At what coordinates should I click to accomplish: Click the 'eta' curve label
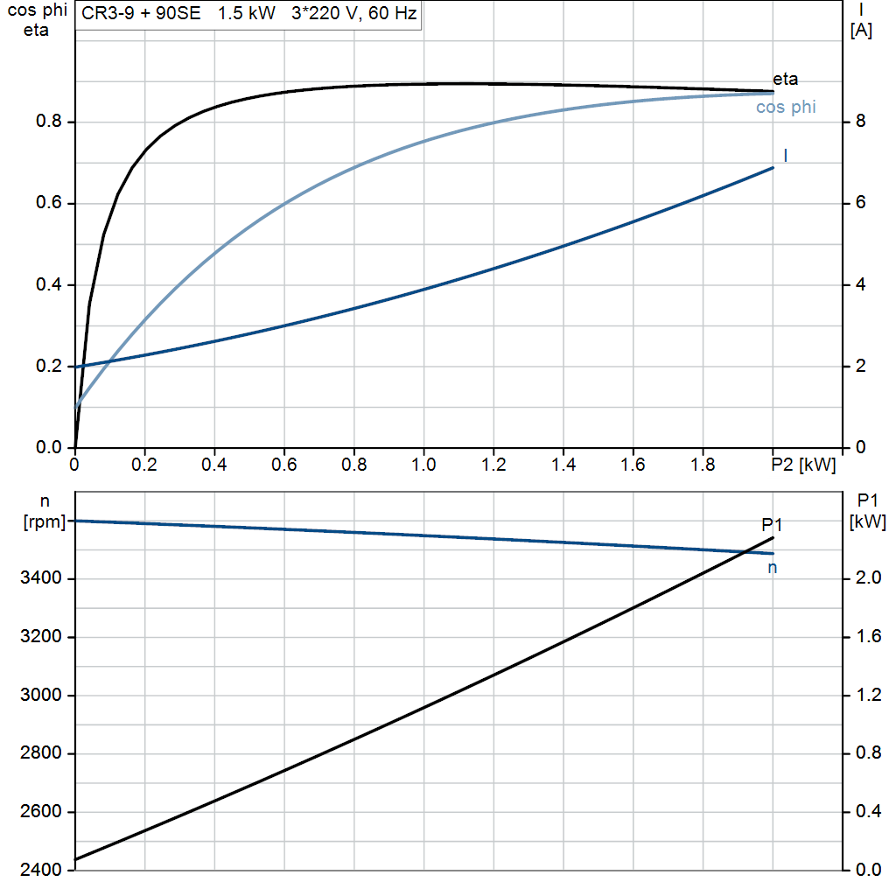(x=785, y=80)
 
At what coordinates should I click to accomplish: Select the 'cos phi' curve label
(x=786, y=108)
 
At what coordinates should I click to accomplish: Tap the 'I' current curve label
(x=786, y=156)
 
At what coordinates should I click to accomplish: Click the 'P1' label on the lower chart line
(x=772, y=525)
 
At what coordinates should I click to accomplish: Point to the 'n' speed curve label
(x=773, y=568)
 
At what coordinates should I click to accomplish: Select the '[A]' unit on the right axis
(x=861, y=30)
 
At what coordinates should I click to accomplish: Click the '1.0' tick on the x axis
(x=423, y=465)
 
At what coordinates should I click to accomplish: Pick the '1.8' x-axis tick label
(x=703, y=465)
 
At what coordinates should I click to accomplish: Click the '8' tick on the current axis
(x=860, y=122)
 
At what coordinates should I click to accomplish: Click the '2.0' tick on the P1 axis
(x=866, y=578)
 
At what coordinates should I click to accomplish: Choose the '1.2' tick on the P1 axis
(x=866, y=696)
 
